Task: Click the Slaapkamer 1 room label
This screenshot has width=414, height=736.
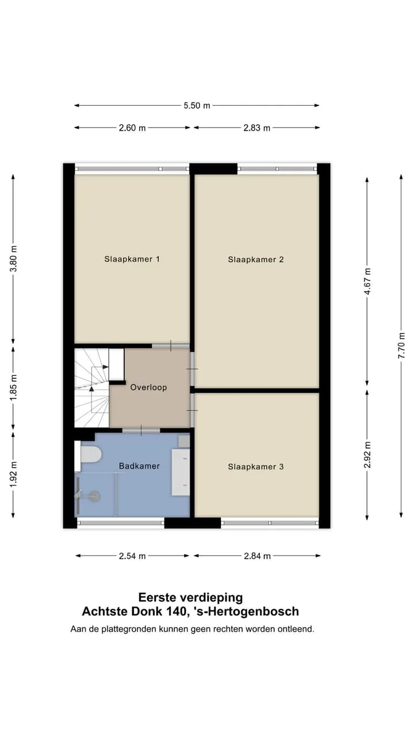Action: tap(132, 259)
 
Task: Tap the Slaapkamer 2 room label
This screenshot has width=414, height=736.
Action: tap(256, 259)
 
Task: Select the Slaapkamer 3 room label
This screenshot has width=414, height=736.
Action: tap(256, 466)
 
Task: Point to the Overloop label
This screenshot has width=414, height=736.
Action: tap(148, 388)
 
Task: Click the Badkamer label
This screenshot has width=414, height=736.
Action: tap(139, 466)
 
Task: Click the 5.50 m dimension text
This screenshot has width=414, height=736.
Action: tap(197, 105)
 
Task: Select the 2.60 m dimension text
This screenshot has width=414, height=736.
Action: tap(132, 128)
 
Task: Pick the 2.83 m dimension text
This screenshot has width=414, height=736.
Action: tap(256, 128)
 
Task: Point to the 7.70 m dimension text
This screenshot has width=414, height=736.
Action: tap(401, 346)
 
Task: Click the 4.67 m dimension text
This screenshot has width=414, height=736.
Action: tap(367, 281)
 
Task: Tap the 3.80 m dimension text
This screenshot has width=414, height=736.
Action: tap(13, 259)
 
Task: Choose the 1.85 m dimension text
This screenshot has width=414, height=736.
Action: tap(13, 388)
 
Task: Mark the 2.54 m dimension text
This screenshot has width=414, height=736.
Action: tap(132, 556)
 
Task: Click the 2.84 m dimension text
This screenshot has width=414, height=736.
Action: tap(257, 556)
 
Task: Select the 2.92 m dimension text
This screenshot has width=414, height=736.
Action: tap(367, 455)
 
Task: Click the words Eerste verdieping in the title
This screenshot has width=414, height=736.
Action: tap(190, 597)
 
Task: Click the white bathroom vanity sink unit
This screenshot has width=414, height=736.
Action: tap(181, 472)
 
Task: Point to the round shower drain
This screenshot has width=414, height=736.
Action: tap(95, 496)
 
